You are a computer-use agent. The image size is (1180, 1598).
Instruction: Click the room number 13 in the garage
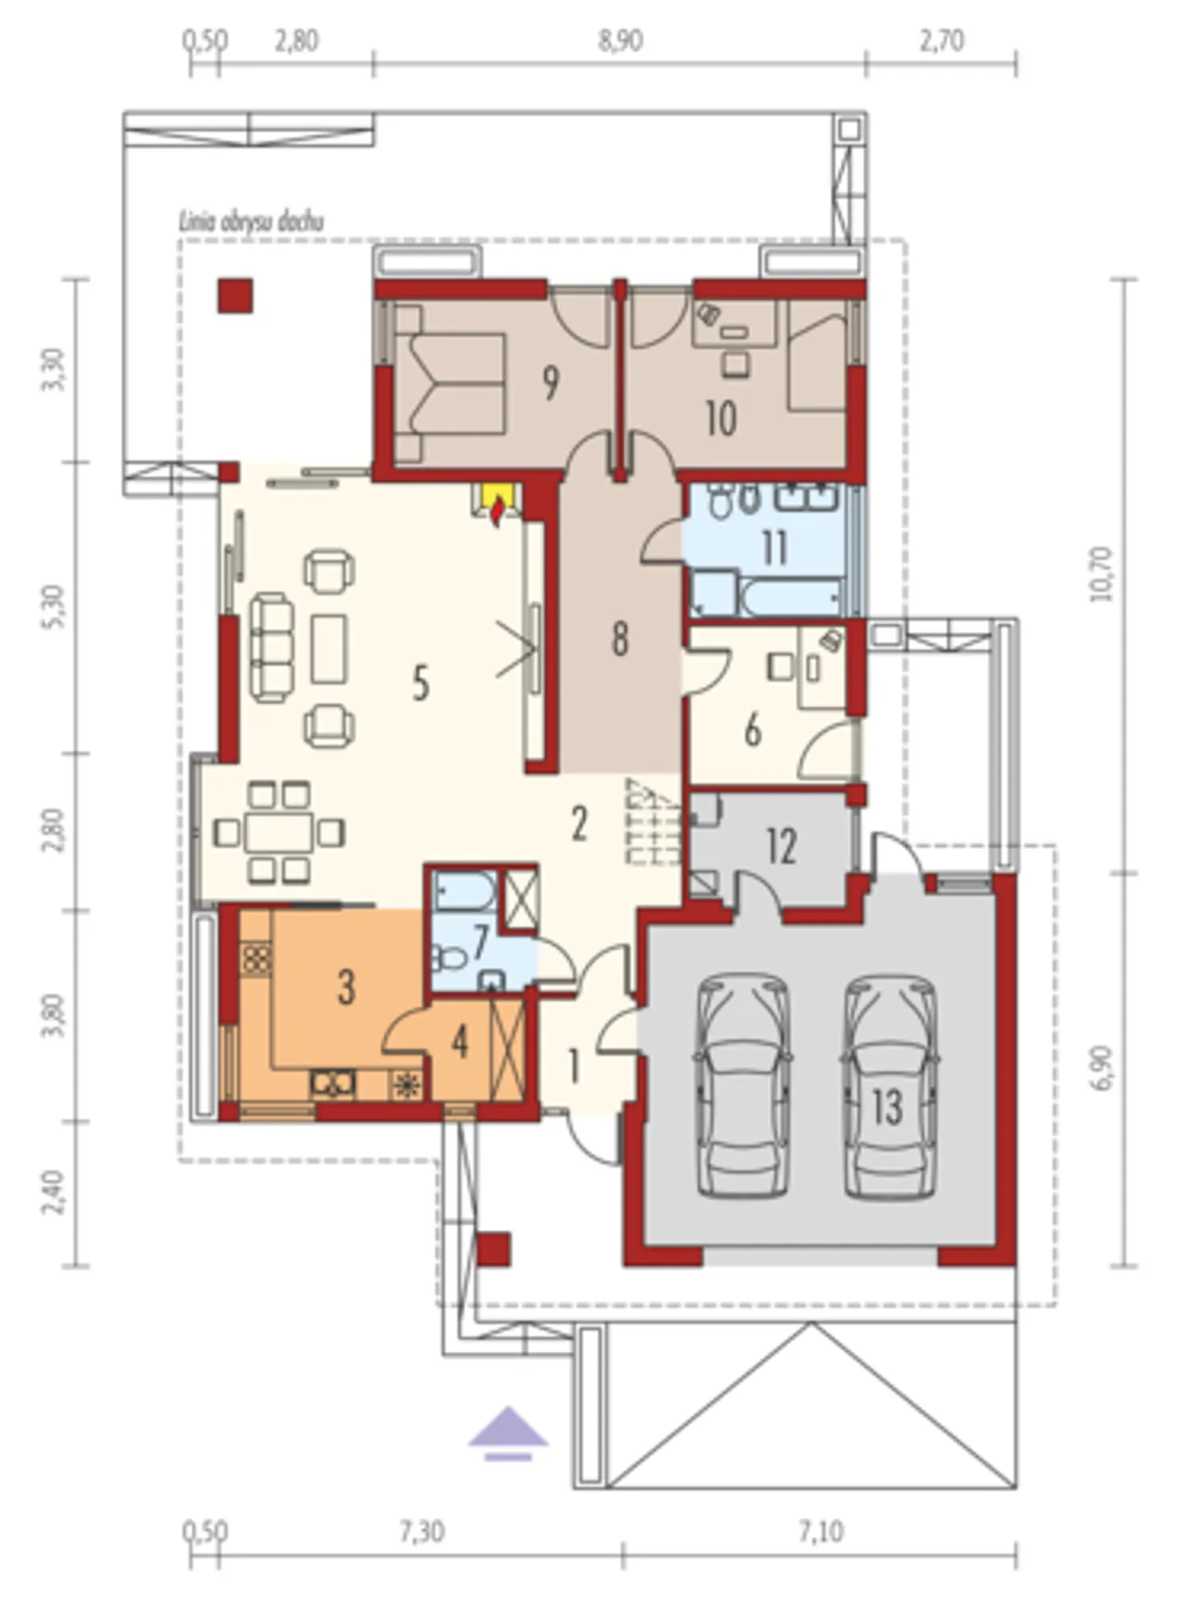coord(887,1107)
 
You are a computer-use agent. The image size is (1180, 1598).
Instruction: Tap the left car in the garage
coord(743,1087)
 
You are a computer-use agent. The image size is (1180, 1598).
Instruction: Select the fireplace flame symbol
coord(498,510)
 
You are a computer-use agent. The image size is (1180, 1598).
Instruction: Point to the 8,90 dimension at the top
coord(619,41)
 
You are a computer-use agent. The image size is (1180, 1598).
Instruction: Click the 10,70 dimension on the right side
coord(1102,573)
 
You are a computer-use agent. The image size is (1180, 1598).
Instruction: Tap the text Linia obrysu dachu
coord(251,221)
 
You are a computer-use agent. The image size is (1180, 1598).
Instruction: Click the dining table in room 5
coord(278,832)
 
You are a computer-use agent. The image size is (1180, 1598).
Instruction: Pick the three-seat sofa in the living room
coord(271,648)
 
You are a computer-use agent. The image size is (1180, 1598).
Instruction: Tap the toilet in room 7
coord(452,959)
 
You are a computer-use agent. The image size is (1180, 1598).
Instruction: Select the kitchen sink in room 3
coord(334,1084)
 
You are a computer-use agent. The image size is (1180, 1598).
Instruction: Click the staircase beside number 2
coord(654,822)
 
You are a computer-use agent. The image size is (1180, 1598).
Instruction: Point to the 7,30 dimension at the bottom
coord(421,1531)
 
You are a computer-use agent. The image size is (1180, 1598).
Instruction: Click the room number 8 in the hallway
coord(620,638)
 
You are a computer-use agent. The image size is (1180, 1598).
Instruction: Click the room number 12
coord(781,846)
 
